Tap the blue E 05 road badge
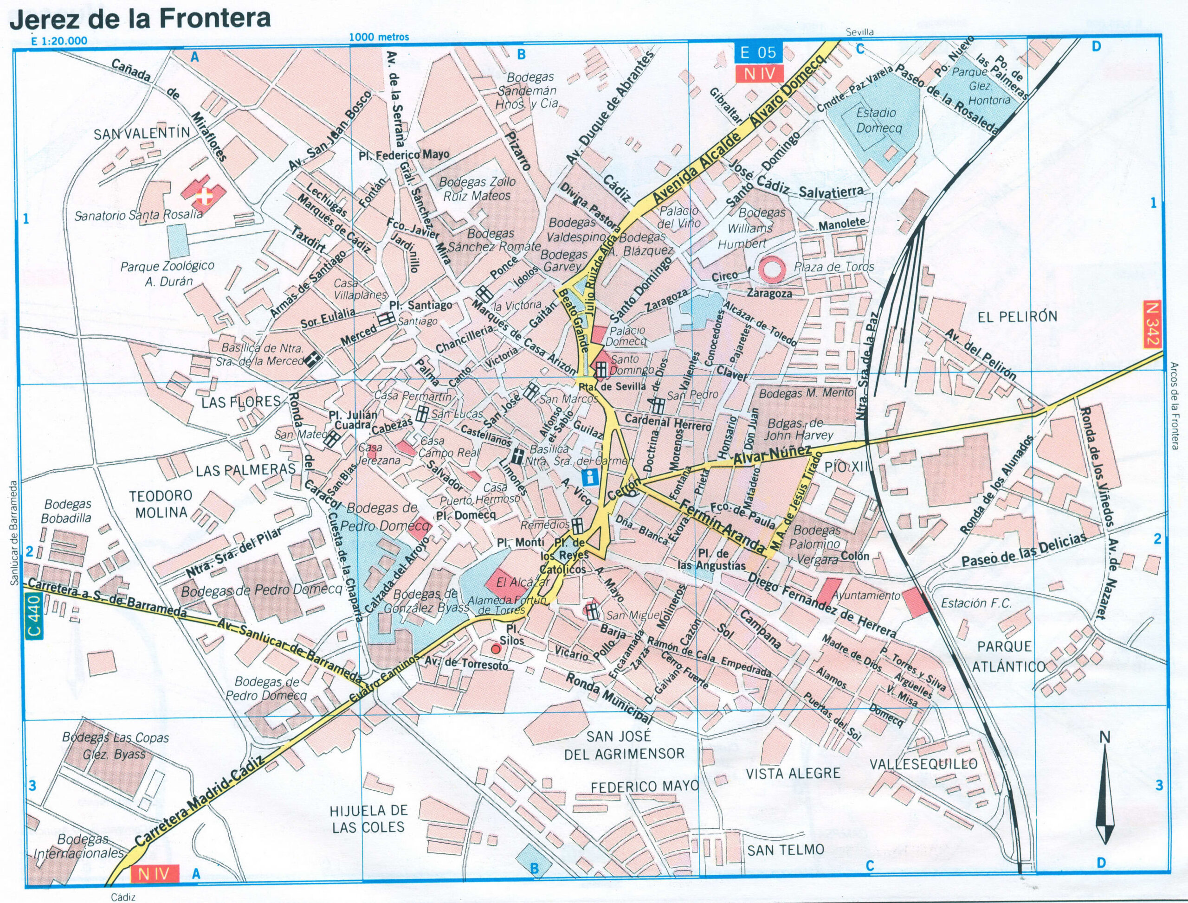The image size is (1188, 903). (x=758, y=52)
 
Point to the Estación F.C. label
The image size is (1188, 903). (x=976, y=603)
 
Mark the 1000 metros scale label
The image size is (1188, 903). (x=379, y=37)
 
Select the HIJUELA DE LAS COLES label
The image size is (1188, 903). (x=369, y=819)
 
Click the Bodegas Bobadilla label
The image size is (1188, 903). (x=68, y=511)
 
